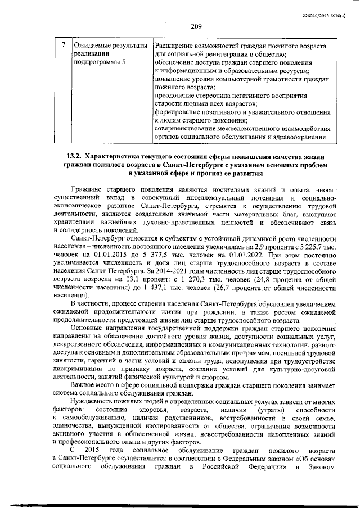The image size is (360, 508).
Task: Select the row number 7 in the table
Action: coord(64,44)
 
